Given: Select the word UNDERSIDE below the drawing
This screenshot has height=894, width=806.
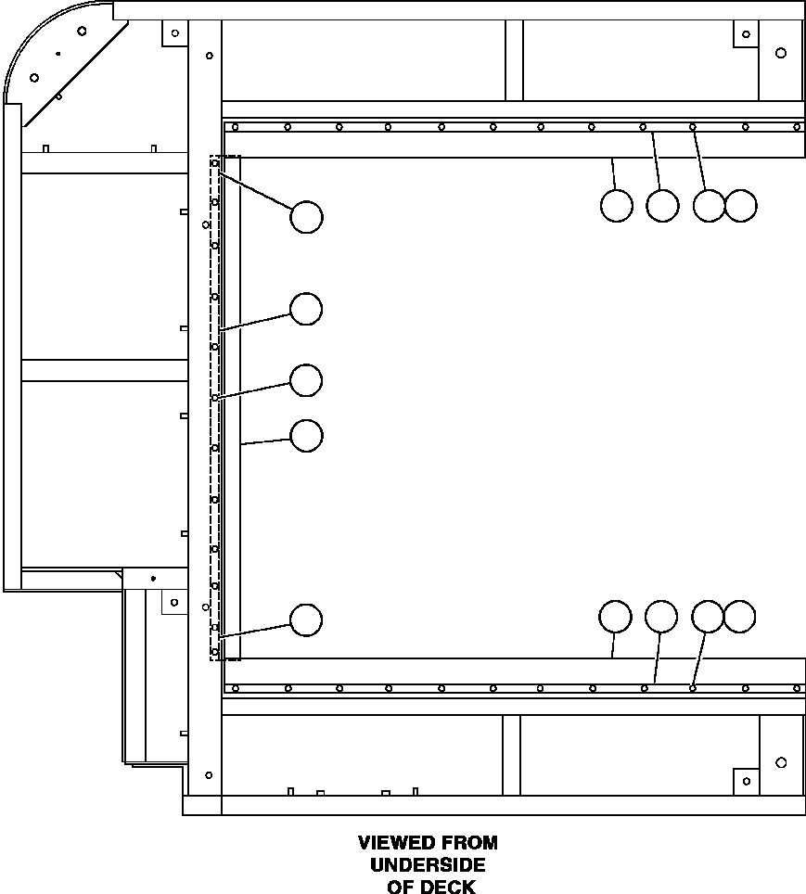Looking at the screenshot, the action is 428,865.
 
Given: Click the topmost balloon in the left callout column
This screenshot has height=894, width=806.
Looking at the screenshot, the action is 306,217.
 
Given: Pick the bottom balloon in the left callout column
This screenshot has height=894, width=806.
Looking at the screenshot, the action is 306,619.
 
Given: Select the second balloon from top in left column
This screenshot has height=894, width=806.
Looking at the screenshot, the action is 306,309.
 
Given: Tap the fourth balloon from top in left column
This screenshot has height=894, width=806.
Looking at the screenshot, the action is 306,436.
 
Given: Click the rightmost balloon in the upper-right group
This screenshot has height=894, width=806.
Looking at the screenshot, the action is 741,206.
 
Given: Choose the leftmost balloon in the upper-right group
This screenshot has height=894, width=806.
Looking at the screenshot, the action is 617,206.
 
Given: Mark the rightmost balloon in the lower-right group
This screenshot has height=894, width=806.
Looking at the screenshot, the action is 740,617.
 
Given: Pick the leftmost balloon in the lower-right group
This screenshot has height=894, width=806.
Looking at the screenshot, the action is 616,617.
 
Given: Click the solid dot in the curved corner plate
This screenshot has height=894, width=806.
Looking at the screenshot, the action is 58,54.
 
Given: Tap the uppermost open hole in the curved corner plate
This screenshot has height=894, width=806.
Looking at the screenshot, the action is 83,31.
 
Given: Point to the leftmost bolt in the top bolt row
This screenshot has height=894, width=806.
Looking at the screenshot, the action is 235,127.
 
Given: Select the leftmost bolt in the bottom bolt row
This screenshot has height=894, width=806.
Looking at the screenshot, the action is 235,689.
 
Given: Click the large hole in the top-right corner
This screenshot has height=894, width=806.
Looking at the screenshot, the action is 781,53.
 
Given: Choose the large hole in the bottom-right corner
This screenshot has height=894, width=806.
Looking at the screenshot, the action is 781,762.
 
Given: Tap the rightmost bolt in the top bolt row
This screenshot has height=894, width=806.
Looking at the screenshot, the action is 798,127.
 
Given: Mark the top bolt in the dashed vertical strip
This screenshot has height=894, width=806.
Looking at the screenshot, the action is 215,163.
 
